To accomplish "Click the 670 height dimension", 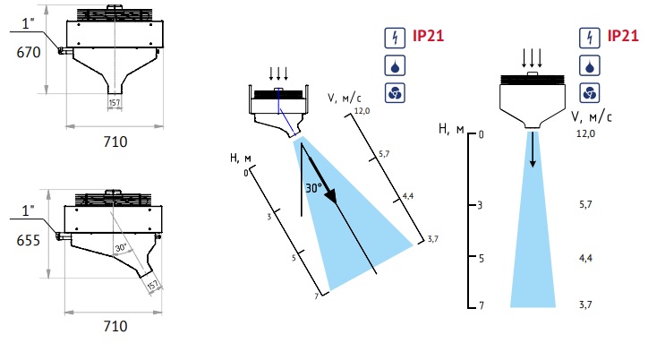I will pos(29,53).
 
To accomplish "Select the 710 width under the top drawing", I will pos(115,141).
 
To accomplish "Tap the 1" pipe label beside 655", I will pos(28,210).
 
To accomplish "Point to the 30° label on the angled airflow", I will pos(313,190).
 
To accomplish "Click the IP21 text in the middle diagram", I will pos(428,37).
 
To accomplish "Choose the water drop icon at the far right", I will pos(589,65).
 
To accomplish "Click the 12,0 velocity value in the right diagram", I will pos(584,133).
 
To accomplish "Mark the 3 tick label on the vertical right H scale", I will pos(481,205).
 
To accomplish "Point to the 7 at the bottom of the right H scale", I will pos(481,305).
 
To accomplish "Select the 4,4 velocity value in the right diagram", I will pos(584,258).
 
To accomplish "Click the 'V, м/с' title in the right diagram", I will pos(592,115).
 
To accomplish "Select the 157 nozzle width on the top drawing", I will pos(115,103).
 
